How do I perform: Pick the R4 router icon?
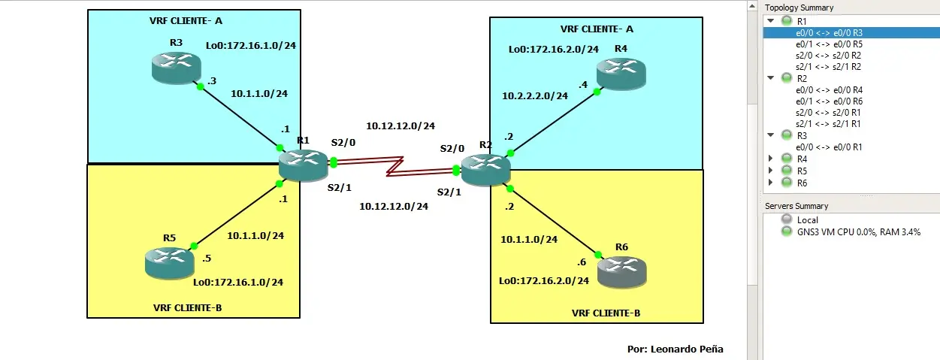point(621,73)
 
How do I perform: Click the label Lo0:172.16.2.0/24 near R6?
point(544,281)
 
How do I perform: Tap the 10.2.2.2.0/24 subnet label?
point(535,96)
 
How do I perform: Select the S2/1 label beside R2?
point(449,192)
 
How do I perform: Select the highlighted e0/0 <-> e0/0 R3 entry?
point(829,33)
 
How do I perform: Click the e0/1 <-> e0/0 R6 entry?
point(829,101)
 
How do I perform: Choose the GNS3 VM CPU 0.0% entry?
point(858,232)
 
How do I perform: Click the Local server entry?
point(808,220)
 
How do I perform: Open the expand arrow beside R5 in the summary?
point(771,171)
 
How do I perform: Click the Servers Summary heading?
point(796,206)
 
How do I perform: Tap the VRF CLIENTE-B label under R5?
point(187,307)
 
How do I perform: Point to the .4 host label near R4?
point(583,84)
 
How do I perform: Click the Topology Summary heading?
point(799,8)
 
